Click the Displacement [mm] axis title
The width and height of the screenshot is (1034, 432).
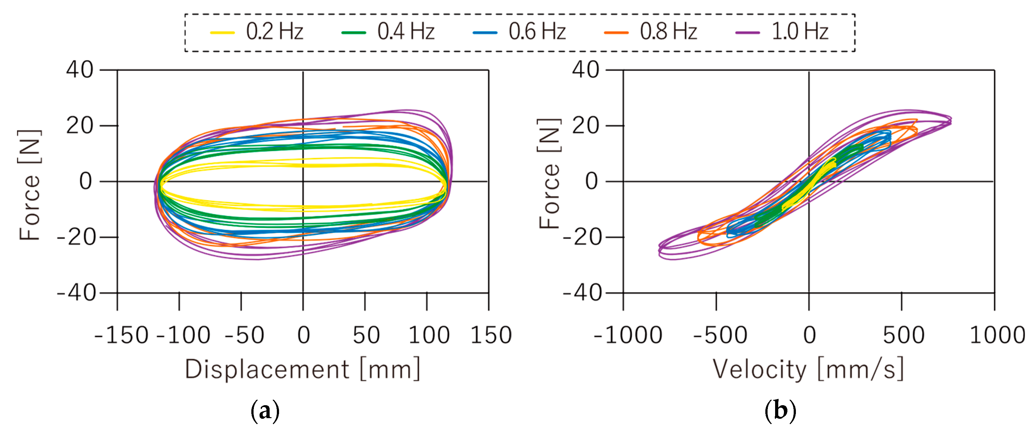[303, 369]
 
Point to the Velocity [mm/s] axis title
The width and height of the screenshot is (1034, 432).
[808, 369]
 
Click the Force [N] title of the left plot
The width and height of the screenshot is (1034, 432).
[30, 185]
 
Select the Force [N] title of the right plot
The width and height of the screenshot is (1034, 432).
[549, 174]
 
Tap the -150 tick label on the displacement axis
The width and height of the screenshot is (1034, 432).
[122, 335]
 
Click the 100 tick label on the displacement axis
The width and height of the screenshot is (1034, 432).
[429, 335]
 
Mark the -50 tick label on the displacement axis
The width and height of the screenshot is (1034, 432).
[244, 335]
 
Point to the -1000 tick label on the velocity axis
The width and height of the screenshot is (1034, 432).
[628, 335]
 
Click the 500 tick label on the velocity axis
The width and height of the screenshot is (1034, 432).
[904, 335]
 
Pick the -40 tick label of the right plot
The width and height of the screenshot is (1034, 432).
[582, 293]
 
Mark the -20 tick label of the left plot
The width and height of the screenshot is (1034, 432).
[76, 237]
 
